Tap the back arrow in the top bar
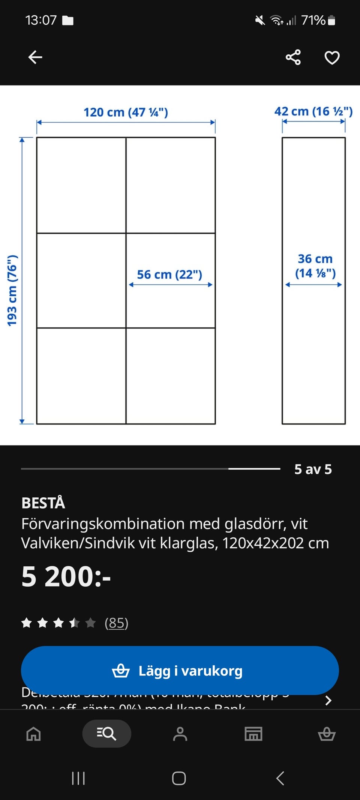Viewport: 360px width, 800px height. click(x=35, y=57)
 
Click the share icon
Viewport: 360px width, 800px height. click(x=293, y=57)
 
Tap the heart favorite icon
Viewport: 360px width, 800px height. click(x=332, y=58)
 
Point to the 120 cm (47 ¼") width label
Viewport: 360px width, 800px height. click(x=126, y=112)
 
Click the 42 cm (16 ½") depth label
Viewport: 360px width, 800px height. click(x=313, y=111)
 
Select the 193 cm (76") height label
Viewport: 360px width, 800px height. click(x=12, y=291)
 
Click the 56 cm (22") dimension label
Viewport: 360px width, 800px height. click(x=169, y=275)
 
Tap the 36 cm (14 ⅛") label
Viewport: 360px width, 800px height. click(x=315, y=266)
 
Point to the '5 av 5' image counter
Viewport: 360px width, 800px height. click(x=313, y=469)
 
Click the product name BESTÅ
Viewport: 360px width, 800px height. click(x=43, y=503)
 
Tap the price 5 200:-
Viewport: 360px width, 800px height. click(x=66, y=576)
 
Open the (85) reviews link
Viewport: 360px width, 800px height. click(x=116, y=623)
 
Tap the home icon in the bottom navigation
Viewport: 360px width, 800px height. click(x=33, y=734)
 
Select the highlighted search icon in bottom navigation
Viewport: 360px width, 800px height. click(x=106, y=734)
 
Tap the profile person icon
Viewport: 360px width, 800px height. click(x=180, y=734)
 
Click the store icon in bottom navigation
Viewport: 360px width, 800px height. click(x=253, y=734)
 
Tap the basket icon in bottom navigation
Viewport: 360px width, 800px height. click(x=327, y=734)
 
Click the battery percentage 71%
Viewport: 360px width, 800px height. click(x=313, y=20)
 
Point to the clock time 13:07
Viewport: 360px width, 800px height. click(x=41, y=20)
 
